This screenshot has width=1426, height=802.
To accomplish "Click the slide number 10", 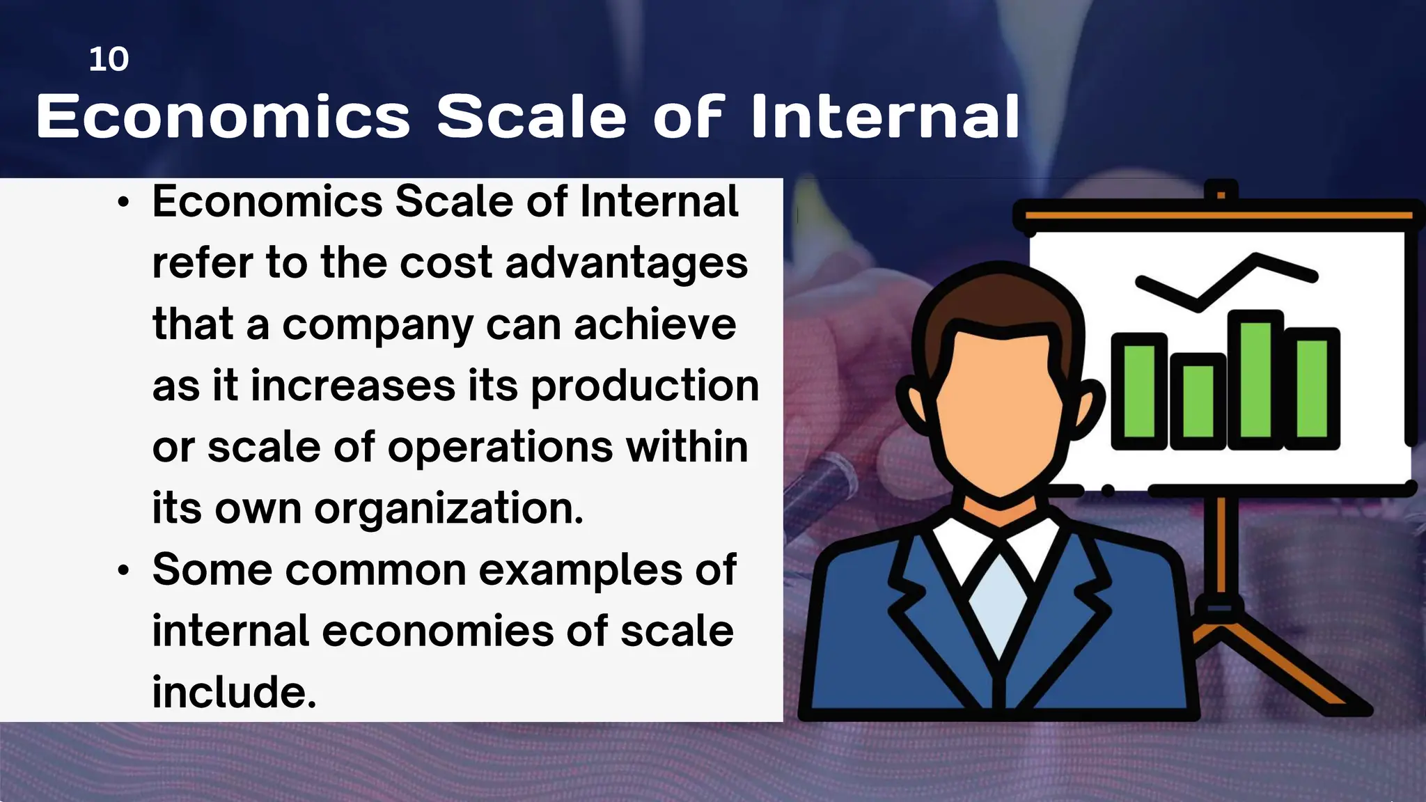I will tap(109, 59).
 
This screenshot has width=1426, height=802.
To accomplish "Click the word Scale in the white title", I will tap(532, 116).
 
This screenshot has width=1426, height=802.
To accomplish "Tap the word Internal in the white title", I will tap(885, 116).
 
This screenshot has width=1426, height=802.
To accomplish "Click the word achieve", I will tap(655, 324).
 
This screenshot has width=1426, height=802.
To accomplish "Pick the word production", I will tap(645, 386).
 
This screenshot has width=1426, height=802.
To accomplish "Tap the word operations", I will tap(500, 447).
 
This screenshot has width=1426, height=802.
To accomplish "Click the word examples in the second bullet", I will tap(581, 570).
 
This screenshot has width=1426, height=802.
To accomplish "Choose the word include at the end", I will tap(234, 693).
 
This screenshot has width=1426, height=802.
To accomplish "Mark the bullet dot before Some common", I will tap(124, 571).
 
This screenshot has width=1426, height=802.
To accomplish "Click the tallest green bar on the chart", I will tap(1255, 379).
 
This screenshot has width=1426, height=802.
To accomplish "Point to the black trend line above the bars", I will tap(1225, 282).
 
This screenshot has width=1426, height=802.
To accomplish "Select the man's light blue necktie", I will tap(1000, 599).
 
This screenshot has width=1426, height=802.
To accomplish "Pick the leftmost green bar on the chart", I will tap(1139, 391).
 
